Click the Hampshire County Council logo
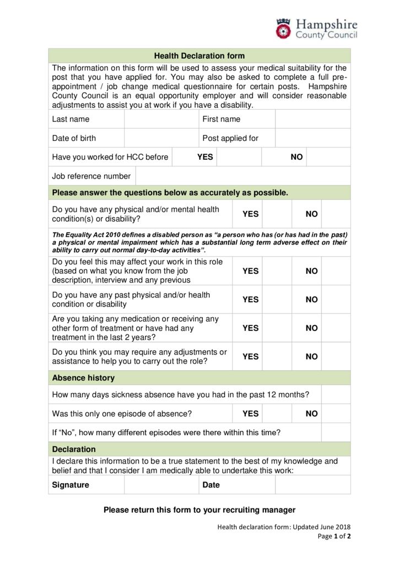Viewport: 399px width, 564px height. tap(316, 29)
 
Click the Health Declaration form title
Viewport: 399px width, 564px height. tap(199, 56)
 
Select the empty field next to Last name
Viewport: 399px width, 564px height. tap(161, 119)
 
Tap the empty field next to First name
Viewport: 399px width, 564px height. tap(312, 119)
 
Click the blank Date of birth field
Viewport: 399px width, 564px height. tap(161, 138)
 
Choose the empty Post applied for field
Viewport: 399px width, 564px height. tap(312, 138)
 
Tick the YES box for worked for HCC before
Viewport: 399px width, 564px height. tap(239, 157)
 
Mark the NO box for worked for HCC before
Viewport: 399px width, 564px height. tap(328, 157)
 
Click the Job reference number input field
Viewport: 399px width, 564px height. tap(242, 176)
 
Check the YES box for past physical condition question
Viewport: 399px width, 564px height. tap(277, 300)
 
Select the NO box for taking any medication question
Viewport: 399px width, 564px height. tap(336, 328)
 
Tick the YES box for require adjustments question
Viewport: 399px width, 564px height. tap(277, 356)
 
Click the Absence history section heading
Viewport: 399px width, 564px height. tap(83, 378)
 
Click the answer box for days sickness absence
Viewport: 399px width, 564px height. tap(336, 394)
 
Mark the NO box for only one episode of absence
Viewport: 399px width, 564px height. tap(336, 413)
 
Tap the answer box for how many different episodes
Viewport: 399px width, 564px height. tap(336, 432)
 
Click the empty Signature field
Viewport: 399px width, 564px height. tap(161, 485)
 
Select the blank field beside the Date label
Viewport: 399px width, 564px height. tap(312, 485)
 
